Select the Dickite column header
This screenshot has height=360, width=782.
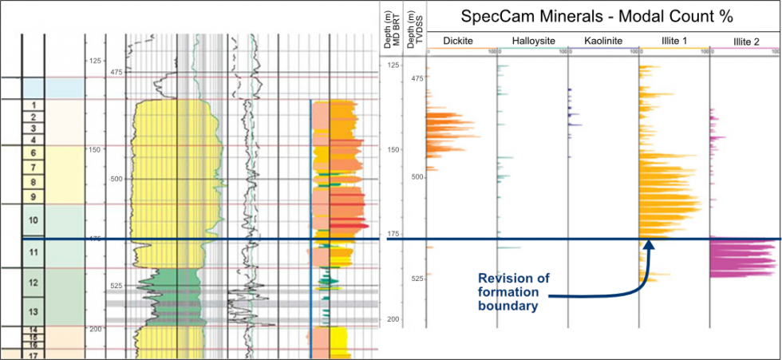(x=458, y=42)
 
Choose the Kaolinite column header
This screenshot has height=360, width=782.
(x=601, y=42)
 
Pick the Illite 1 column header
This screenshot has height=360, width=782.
(x=672, y=42)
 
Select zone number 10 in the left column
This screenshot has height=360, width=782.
(x=32, y=219)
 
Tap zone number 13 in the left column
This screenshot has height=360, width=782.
(x=32, y=311)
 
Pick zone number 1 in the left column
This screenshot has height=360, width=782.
(x=32, y=105)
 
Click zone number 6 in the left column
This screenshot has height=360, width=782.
(x=32, y=152)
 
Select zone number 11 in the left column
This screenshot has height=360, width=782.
(x=32, y=252)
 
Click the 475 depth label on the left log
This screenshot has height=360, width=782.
(x=117, y=73)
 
